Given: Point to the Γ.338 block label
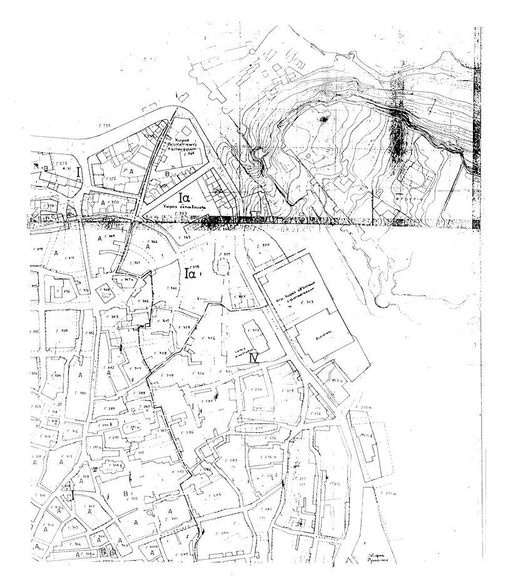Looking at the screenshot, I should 64,331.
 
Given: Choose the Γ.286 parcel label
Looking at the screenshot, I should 188,433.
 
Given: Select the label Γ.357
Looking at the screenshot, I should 226,254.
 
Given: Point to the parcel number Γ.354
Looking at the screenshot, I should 265,245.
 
